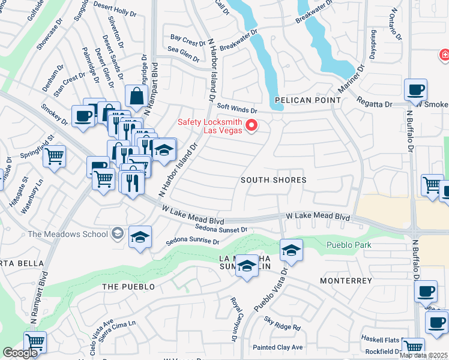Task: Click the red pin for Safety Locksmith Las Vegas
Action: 252,125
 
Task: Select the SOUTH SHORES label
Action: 273,180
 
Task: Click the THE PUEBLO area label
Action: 128,287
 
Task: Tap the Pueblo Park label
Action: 349,245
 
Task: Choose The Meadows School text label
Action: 66,233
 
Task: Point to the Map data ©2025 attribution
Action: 423,355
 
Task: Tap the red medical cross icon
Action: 444,56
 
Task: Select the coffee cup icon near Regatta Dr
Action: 415,91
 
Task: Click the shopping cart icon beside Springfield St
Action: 55,157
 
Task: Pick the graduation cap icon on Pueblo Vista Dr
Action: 291,250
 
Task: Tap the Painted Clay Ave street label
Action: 277,347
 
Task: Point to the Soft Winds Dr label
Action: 237,109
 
